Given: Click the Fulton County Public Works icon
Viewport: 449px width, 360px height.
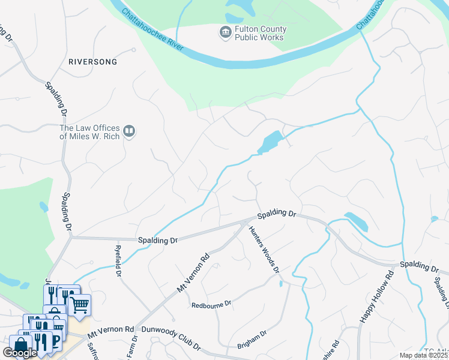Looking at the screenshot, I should pyautogui.click(x=225, y=32).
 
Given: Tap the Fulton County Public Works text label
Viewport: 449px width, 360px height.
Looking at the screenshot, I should pyautogui.click(x=261, y=33).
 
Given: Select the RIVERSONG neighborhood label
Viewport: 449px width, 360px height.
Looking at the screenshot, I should pyautogui.click(x=92, y=62).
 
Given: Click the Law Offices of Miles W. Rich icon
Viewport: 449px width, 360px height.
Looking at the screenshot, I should pyautogui.click(x=129, y=131).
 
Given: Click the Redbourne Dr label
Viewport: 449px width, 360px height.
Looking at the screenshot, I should pyautogui.click(x=211, y=305).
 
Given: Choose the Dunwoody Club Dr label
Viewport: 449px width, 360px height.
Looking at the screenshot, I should pyautogui.click(x=170, y=338).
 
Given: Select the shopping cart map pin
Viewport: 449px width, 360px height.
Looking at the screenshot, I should pyautogui.click(x=79, y=305).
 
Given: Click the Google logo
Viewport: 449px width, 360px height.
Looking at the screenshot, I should pyautogui.click(x=20, y=352).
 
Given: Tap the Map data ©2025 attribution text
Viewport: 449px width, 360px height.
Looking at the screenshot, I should pyautogui.click(x=423, y=355).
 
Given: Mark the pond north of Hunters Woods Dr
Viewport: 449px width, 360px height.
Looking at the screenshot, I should pyautogui.click(x=270, y=142).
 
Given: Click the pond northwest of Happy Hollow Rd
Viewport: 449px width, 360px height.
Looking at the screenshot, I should pyautogui.click(x=357, y=221).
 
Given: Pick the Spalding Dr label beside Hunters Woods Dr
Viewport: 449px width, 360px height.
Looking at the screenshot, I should pyautogui.click(x=277, y=214).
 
